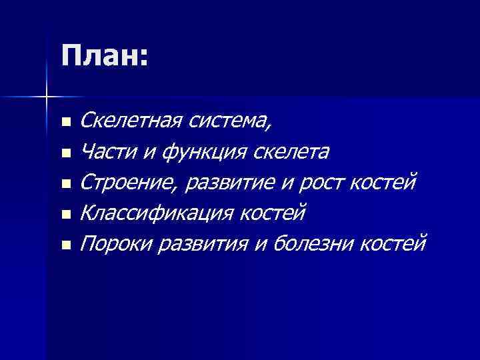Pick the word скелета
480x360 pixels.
coord(291,153)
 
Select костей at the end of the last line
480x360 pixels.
coord(392,245)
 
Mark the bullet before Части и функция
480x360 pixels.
coord(65,154)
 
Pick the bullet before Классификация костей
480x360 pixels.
coord(65,215)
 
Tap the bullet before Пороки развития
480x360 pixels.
coord(65,246)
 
